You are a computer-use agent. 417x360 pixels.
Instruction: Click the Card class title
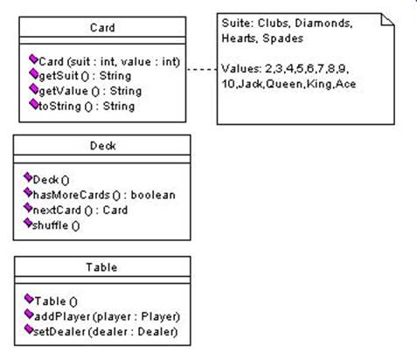coord(102,28)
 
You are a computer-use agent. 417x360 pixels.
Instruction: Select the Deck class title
coord(102,146)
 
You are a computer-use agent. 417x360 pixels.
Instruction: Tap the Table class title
coord(101,267)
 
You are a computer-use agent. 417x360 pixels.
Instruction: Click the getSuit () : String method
coord(85,76)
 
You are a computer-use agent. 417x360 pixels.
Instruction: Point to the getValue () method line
coord(90,91)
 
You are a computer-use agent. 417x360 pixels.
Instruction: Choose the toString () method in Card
coord(87,107)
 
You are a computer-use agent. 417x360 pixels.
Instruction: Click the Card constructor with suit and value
coord(109,61)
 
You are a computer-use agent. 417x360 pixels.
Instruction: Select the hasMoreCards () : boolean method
coord(104,195)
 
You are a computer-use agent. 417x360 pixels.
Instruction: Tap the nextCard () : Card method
coord(80,210)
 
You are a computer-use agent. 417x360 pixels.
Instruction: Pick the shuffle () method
coord(56,225)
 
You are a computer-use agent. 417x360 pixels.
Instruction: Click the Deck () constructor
coord(51,180)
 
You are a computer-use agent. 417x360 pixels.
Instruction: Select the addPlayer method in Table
coord(107,316)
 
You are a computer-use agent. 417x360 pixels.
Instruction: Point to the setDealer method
coord(105,332)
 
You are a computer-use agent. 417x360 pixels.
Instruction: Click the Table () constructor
coord(56,301)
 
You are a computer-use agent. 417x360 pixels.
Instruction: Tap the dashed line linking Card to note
coord(201,69)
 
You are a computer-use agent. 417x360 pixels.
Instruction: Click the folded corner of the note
coord(388,19)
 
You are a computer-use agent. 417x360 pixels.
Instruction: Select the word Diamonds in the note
coord(323,23)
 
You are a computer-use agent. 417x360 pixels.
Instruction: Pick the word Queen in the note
coord(284,84)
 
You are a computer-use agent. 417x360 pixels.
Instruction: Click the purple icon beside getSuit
coord(34,73)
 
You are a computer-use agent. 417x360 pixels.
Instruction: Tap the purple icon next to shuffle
coord(28,223)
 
